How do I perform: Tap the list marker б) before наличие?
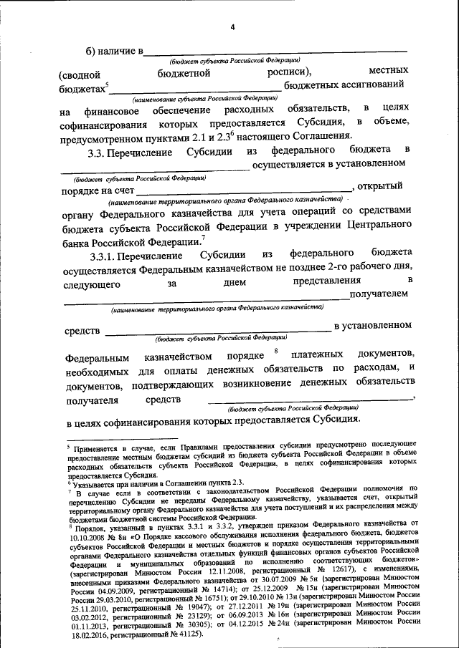(93, 51)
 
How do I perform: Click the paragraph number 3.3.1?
(105, 255)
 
